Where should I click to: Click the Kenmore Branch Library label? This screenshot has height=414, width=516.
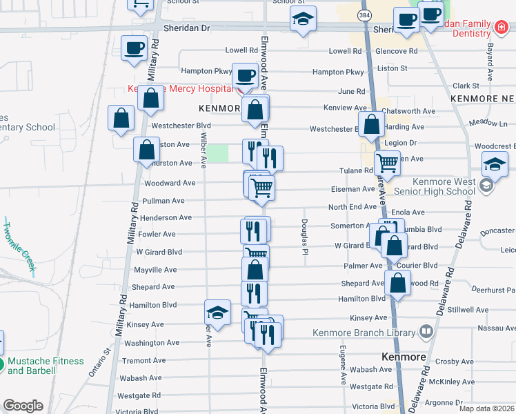(x=365, y=332)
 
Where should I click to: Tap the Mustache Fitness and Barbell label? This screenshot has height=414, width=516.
(x=46, y=366)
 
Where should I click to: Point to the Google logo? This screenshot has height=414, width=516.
(x=23, y=406)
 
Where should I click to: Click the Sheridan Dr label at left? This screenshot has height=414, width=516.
(x=186, y=28)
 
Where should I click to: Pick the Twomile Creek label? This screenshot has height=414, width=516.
(x=19, y=245)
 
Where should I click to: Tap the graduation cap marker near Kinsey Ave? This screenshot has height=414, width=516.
(x=218, y=312)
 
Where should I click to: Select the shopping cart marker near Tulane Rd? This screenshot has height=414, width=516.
(x=388, y=164)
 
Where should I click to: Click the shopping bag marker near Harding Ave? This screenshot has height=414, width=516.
(x=372, y=125)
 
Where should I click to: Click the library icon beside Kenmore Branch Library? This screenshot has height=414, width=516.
(x=426, y=333)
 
